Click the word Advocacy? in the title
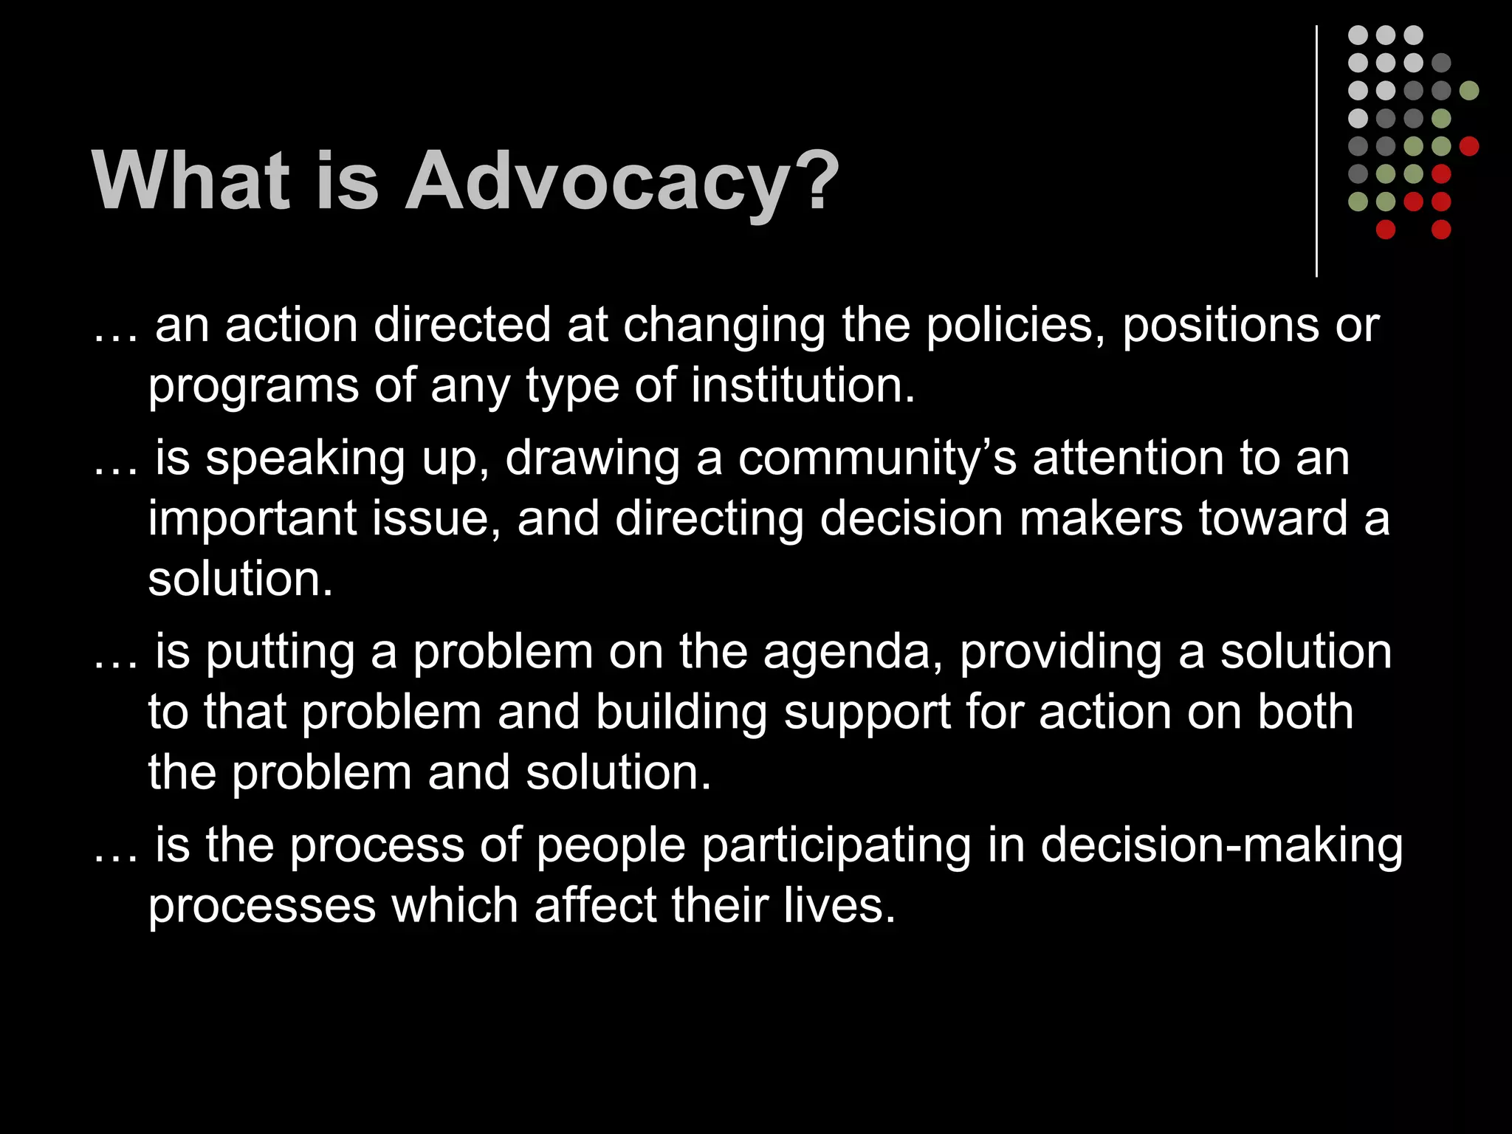[622, 182]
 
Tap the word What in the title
[190, 182]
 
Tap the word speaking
[305, 459]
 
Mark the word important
[252, 520]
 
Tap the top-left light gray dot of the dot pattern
[1358, 35]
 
